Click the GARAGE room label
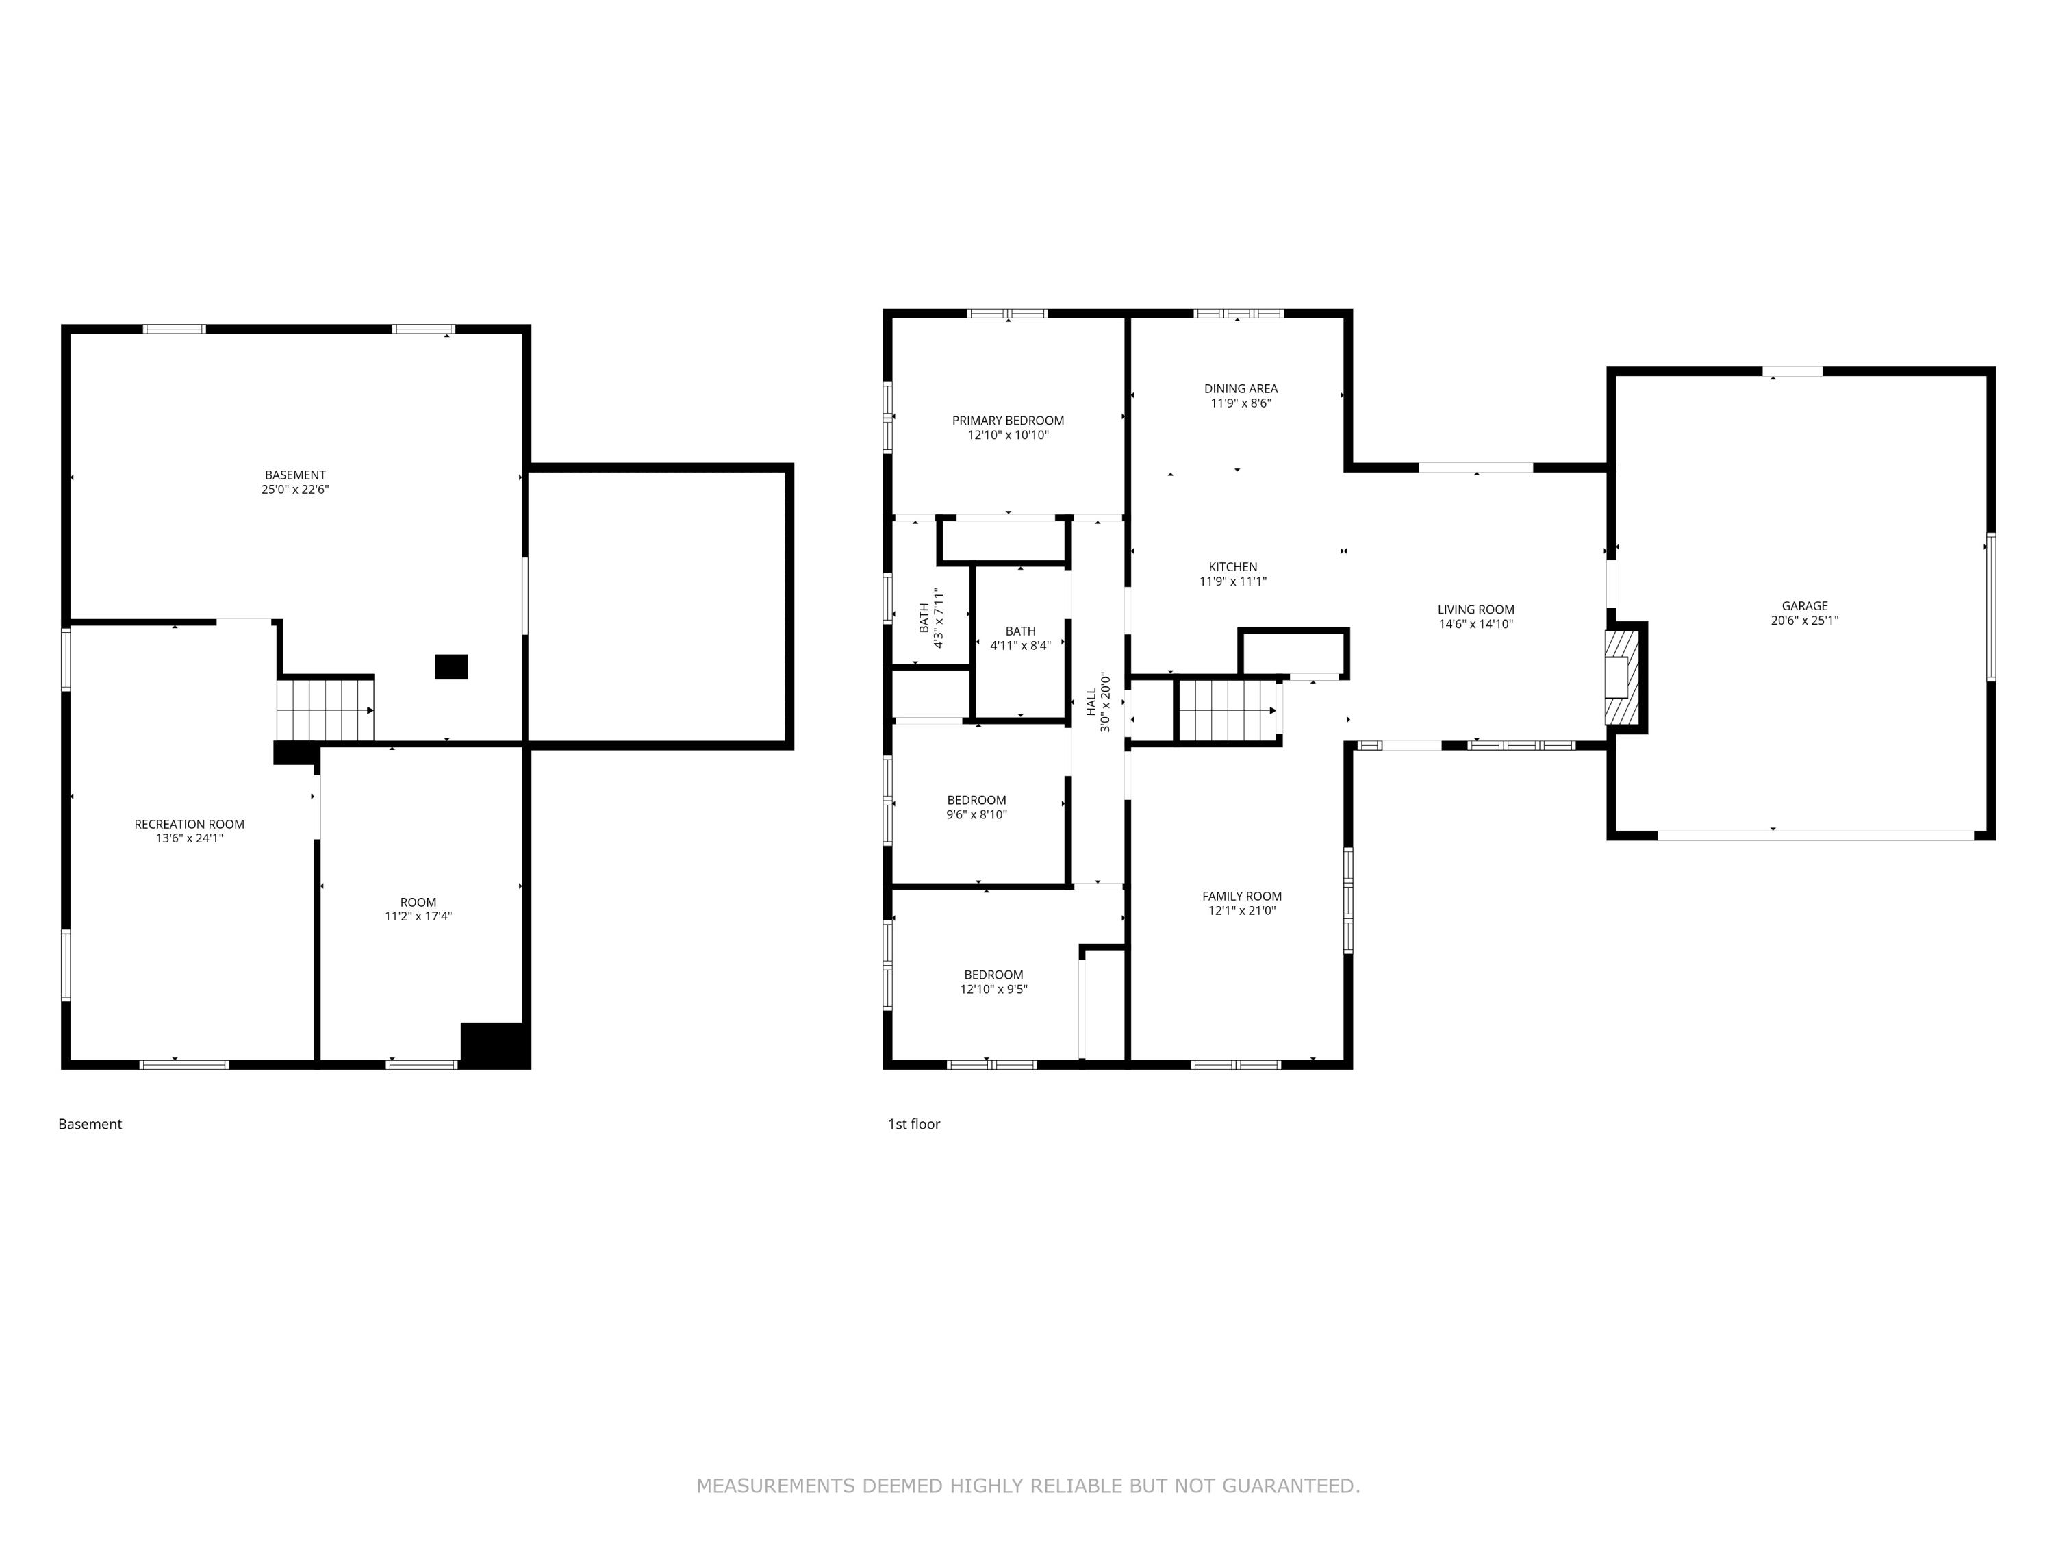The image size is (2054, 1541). [x=1804, y=605]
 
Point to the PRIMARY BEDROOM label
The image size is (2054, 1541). [x=1008, y=421]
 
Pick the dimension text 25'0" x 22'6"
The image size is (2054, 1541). [x=295, y=490]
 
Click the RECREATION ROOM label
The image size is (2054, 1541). [x=190, y=824]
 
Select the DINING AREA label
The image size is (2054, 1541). [x=1241, y=389]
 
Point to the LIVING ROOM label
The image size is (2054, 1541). [x=1475, y=610]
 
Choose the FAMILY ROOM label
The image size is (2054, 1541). [x=1241, y=897]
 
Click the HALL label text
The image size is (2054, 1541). [x=1091, y=702]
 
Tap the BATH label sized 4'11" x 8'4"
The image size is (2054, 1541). [x=1021, y=631]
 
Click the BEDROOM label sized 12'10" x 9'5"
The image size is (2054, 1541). [x=993, y=975]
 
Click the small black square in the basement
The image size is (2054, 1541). [x=452, y=667]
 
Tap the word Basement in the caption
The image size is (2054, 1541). [x=90, y=1124]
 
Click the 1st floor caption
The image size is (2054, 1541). [x=914, y=1124]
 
